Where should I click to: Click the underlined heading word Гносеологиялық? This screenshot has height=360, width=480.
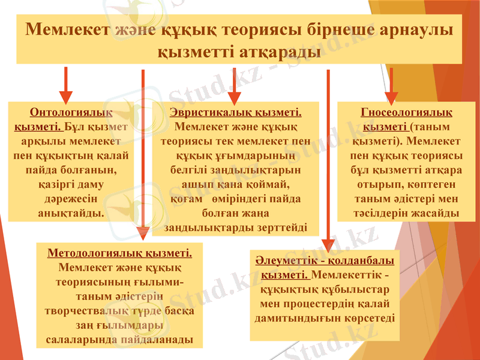(x=407, y=113)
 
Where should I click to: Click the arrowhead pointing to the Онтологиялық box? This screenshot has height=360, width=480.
(x=66, y=98)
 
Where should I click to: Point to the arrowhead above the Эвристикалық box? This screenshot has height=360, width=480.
(x=234, y=98)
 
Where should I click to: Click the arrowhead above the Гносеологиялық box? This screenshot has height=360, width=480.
(x=391, y=98)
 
